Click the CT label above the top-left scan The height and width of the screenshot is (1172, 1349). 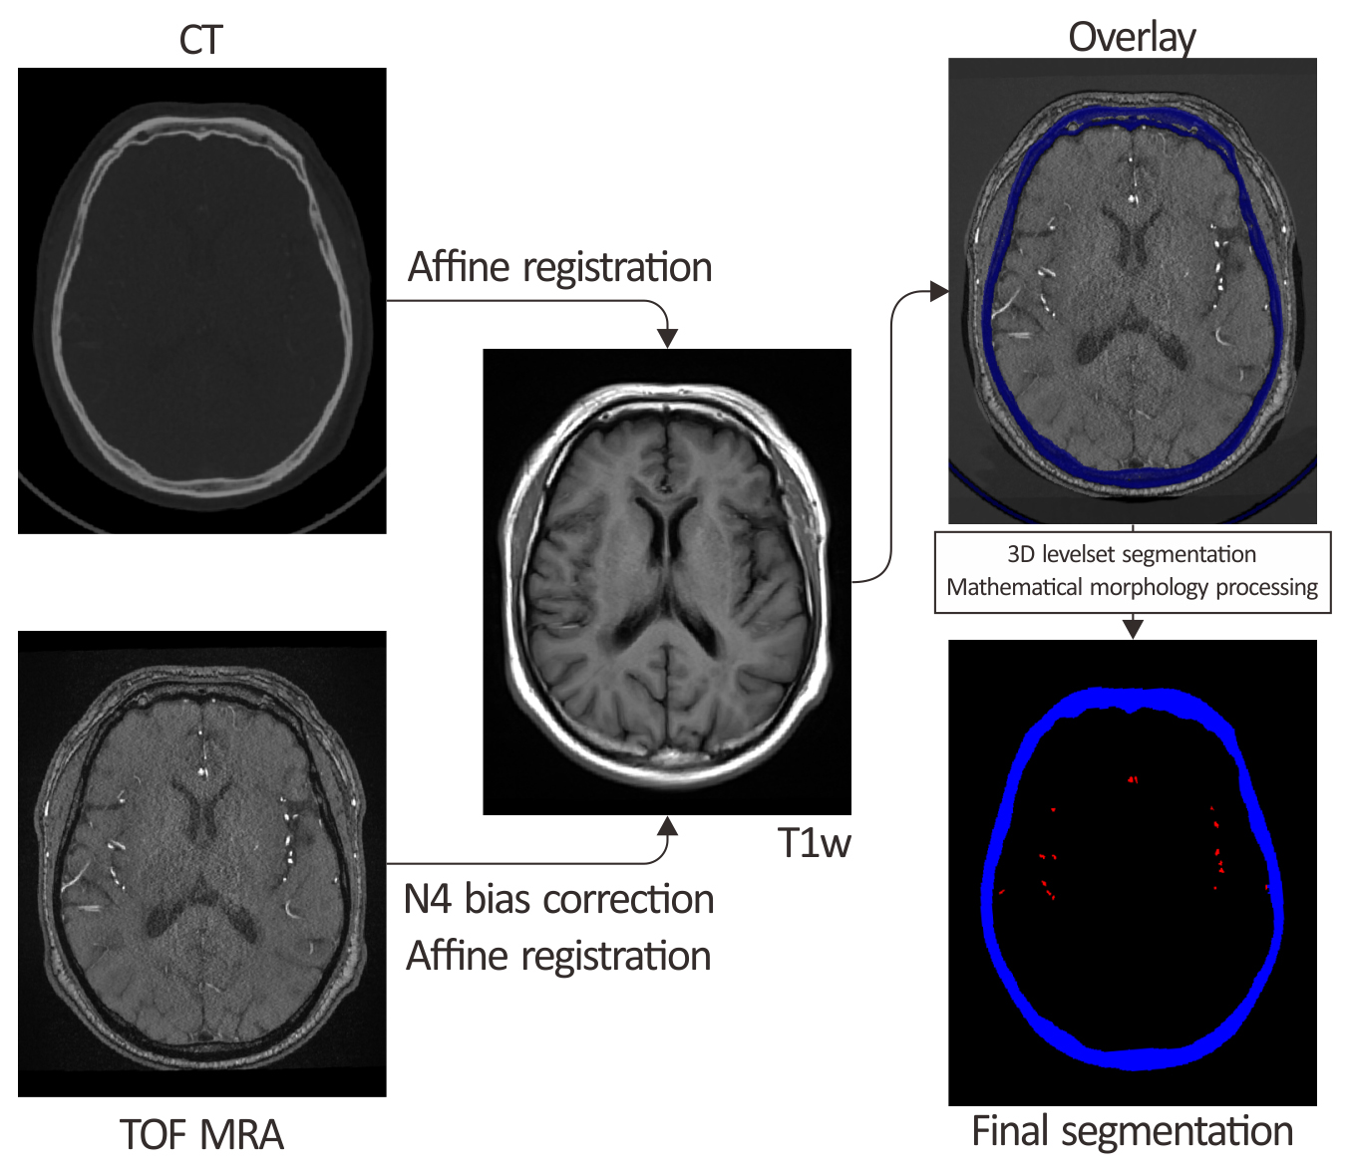click(200, 41)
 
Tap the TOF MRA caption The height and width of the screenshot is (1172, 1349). click(201, 1135)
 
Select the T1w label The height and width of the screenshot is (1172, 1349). click(814, 843)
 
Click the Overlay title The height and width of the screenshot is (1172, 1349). click(1132, 38)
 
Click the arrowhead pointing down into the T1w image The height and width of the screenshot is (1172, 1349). click(668, 338)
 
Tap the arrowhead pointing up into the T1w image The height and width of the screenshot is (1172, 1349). click(668, 826)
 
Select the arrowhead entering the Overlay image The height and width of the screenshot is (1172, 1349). click(938, 291)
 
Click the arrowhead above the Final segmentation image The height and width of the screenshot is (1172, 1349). click(1133, 628)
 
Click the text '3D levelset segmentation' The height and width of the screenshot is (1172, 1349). click(1132, 554)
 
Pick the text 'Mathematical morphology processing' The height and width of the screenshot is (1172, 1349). click(1132, 587)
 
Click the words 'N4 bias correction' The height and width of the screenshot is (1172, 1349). click(558, 900)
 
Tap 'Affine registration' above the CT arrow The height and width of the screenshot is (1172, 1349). click(560, 267)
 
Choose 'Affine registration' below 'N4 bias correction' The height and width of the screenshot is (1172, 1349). click(558, 957)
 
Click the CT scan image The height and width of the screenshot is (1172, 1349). click(201, 300)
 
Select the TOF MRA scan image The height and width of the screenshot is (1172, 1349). click(201, 864)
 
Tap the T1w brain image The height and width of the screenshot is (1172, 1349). click(667, 581)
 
